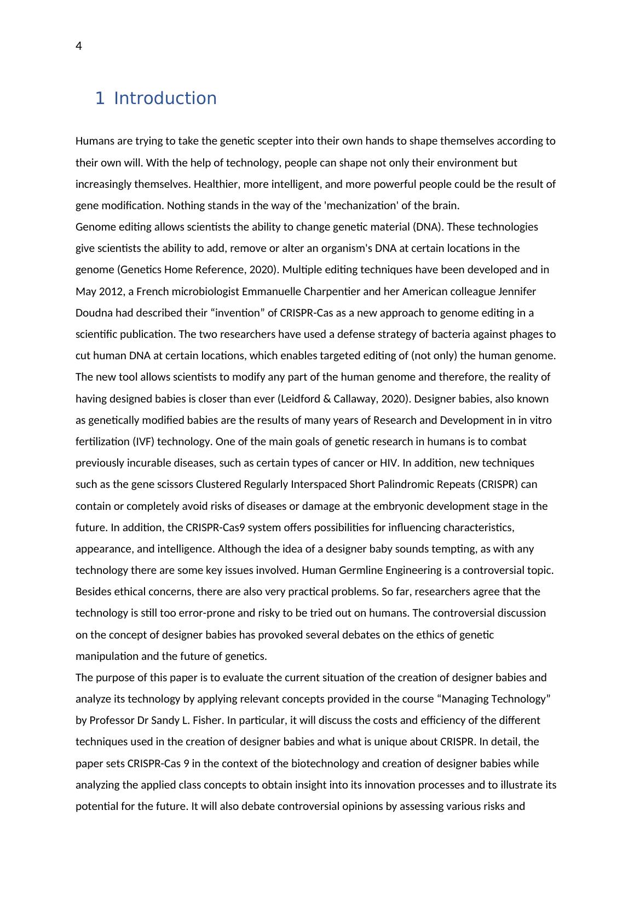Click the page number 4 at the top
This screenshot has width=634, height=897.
pyautogui.click(x=79, y=47)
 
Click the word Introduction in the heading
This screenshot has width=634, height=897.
pyautogui.click(x=165, y=99)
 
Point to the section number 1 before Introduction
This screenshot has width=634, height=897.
pyautogui.click(x=99, y=99)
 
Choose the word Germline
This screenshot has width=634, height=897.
pyautogui.click(x=362, y=571)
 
